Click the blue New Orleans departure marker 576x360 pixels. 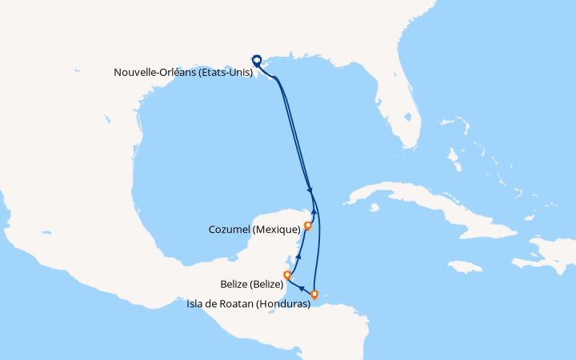[257, 59]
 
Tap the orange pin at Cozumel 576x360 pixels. [308, 226]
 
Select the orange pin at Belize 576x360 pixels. [287, 276]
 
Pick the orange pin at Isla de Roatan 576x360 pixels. [315, 294]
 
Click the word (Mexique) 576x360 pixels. [274, 230]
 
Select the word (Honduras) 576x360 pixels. [282, 304]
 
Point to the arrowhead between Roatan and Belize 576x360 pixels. [302, 288]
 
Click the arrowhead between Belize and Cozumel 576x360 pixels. [298, 257]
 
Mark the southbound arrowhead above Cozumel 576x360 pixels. [309, 190]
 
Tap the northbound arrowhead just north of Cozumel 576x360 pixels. [314, 213]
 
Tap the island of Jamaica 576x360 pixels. [465, 266]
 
